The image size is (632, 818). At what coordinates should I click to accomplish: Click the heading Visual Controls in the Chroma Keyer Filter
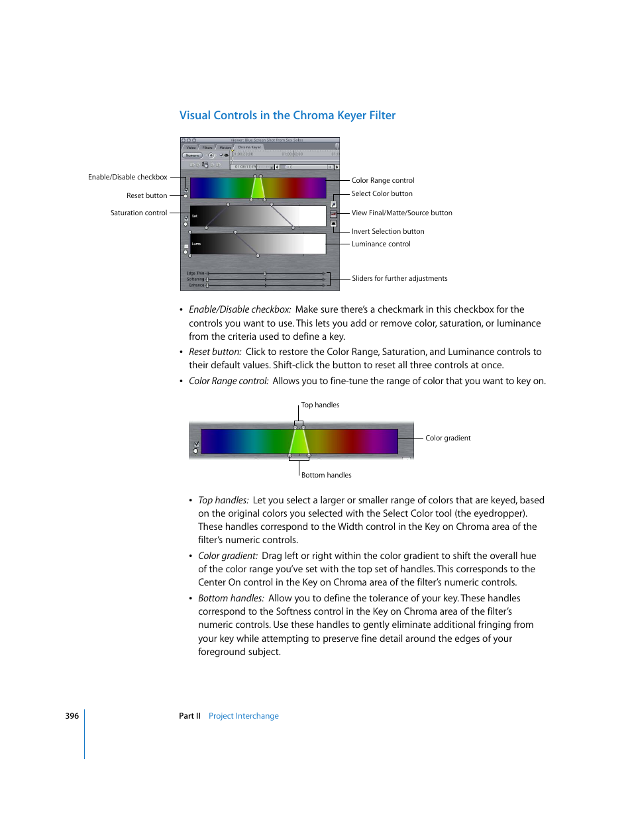point(287,115)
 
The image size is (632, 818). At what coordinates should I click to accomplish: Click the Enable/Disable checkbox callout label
point(127,178)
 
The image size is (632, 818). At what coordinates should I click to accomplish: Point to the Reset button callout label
point(146,196)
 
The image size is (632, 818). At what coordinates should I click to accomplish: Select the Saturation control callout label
point(138,213)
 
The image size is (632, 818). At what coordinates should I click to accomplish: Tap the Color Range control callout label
point(383,180)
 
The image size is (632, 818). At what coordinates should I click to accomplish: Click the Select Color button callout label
point(382,194)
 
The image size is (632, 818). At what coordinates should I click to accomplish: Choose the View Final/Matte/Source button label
point(401,213)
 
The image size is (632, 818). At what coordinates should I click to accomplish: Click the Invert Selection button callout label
point(388,232)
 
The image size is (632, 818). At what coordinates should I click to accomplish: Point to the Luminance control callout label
point(381,244)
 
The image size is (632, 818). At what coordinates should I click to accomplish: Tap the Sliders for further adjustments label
point(399,279)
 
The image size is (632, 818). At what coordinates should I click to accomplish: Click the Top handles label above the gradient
point(320,405)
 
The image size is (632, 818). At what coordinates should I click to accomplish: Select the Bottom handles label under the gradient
point(326,476)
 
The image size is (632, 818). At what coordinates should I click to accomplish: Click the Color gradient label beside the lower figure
point(448,438)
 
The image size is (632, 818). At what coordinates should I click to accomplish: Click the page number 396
point(72,716)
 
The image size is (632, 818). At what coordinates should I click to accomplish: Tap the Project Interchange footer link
point(243,716)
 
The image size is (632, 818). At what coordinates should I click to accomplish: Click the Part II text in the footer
point(189,716)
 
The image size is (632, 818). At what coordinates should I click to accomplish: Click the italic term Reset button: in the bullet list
point(215,352)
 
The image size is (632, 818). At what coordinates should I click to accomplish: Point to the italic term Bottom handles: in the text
point(231,599)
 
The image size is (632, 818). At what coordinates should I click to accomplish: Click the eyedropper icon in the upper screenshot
point(334,205)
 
